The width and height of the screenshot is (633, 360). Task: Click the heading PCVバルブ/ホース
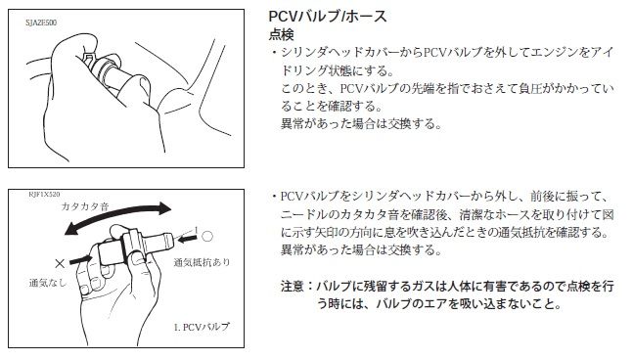click(x=328, y=17)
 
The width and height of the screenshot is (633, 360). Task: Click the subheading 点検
click(x=281, y=34)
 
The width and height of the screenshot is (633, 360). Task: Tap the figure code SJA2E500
click(x=41, y=22)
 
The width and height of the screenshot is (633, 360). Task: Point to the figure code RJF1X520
click(x=44, y=194)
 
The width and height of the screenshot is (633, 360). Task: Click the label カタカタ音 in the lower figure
click(x=85, y=206)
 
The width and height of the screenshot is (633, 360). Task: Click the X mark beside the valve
click(x=60, y=263)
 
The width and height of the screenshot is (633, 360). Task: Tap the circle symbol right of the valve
click(x=207, y=236)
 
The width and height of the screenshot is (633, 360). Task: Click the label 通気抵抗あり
click(x=202, y=262)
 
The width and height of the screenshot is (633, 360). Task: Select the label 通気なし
click(x=48, y=283)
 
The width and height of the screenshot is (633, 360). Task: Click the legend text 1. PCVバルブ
click(x=202, y=327)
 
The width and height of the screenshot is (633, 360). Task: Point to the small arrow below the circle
click(x=188, y=239)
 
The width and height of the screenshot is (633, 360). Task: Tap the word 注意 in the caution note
click(x=293, y=287)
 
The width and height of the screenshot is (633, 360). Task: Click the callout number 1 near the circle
click(x=197, y=230)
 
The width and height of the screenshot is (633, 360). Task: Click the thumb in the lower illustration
click(x=121, y=231)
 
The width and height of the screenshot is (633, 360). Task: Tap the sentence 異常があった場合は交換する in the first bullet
click(x=358, y=123)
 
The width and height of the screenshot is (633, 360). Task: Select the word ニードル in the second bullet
click(x=303, y=214)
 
